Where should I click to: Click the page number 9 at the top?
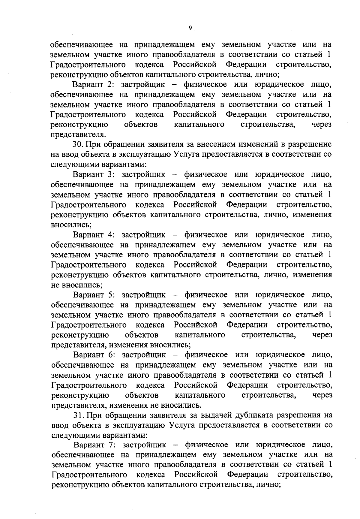click(190, 28)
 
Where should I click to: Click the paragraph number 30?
click(78, 144)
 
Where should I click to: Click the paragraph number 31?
click(78, 415)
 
